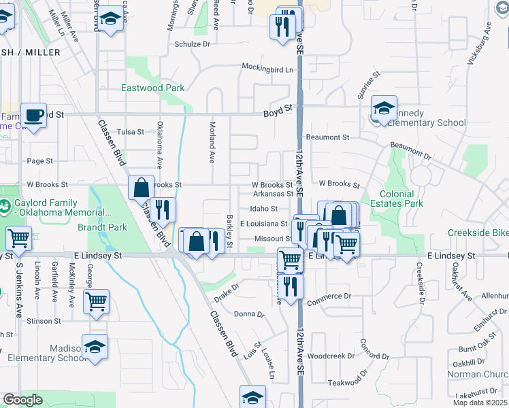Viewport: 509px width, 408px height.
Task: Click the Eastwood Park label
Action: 152,88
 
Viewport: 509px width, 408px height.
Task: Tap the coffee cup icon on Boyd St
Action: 33,115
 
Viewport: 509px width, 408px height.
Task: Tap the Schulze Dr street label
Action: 192,44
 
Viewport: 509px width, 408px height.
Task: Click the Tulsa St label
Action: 131,132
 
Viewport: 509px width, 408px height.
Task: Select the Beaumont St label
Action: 327,137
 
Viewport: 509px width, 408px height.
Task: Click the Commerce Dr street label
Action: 329,296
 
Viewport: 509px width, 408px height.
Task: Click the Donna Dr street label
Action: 248,314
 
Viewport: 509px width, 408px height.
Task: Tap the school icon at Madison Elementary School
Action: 95,346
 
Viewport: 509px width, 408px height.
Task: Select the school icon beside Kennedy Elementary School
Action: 384,108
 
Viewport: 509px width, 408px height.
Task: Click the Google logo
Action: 22,400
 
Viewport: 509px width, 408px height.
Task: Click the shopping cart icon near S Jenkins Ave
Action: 18,238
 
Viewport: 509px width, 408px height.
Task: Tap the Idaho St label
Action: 263,209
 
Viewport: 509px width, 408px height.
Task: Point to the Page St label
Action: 39,161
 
